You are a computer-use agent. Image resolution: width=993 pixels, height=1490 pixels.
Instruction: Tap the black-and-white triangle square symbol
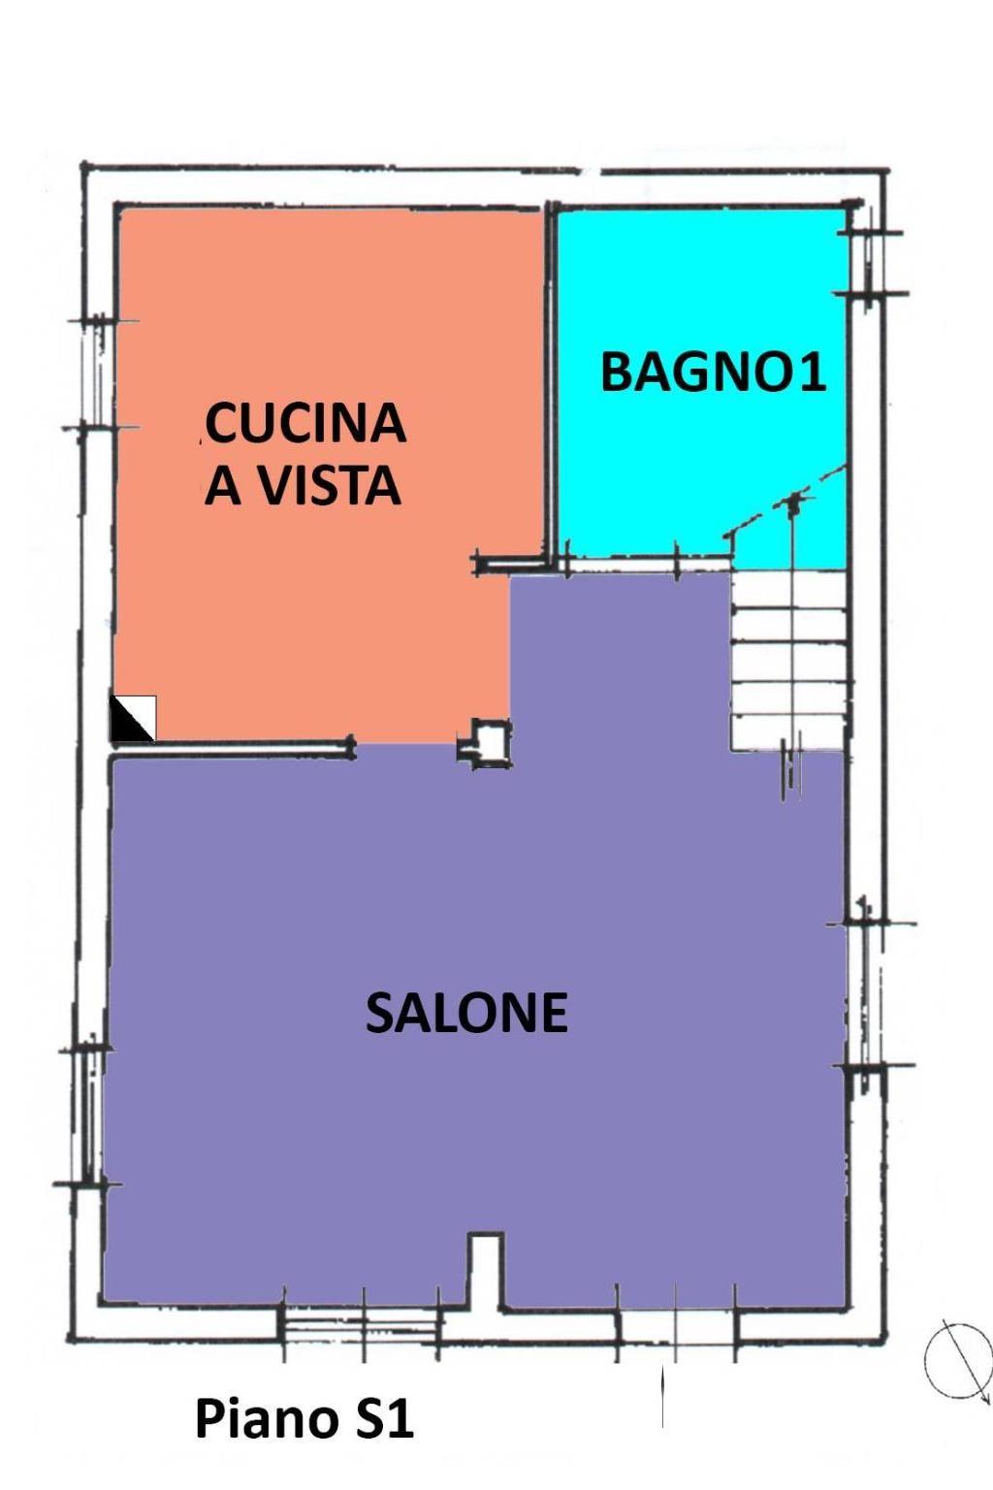coord(133,718)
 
